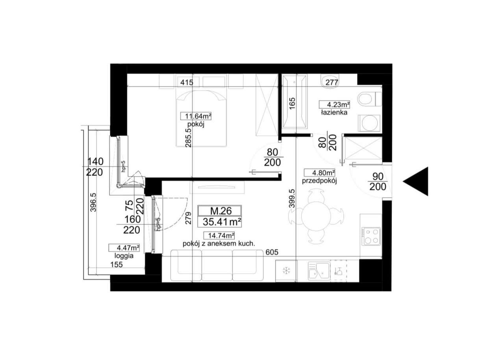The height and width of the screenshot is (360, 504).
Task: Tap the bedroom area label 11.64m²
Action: coord(196,116)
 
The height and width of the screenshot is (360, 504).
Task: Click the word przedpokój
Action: coord(319,181)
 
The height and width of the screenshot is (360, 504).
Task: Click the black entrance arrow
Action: coord(416,181)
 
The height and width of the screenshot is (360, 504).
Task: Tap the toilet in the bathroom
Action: coord(368,99)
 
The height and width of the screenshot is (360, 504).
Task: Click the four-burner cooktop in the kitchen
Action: coord(371,237)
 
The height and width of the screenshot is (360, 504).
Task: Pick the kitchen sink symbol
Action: coord(319,271)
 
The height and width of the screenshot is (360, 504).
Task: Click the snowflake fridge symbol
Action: coord(286,271)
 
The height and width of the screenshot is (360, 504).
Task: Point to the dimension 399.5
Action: coord(292,200)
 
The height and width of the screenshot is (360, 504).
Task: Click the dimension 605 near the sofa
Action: coord(271,252)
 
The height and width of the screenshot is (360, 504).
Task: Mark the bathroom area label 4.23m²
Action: coord(334,105)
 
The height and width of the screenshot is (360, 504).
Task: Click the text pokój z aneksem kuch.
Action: coord(219,243)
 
